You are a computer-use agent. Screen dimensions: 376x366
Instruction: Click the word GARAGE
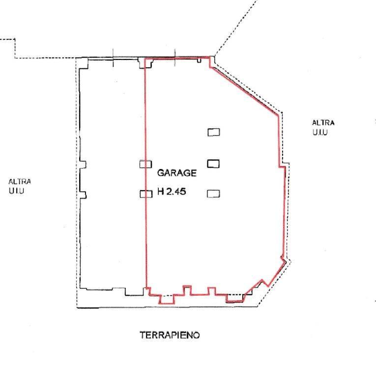click(x=177, y=173)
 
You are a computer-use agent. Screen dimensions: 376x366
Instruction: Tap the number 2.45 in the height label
click(x=176, y=192)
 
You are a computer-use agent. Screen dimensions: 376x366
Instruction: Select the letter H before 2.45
click(x=161, y=192)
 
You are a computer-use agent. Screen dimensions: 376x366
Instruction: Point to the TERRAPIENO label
click(x=170, y=335)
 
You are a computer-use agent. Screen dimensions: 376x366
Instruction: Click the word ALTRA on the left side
click(x=20, y=182)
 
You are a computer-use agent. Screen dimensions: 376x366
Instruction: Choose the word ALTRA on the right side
click(x=323, y=123)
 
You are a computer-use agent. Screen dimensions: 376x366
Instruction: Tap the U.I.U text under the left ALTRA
click(x=16, y=191)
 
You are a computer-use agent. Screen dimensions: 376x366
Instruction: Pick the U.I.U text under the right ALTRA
click(x=319, y=132)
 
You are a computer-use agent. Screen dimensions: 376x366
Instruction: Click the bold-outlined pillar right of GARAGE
click(x=213, y=164)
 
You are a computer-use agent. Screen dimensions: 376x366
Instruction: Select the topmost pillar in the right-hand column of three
click(x=214, y=132)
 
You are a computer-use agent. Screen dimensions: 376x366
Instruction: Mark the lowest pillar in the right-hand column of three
click(x=213, y=194)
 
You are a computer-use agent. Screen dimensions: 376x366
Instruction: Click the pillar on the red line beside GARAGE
click(x=146, y=164)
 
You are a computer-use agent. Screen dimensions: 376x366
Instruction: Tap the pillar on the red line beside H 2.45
click(x=146, y=194)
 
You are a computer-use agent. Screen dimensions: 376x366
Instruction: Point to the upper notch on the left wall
click(x=83, y=165)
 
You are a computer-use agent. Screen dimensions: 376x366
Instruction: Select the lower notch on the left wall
click(x=83, y=195)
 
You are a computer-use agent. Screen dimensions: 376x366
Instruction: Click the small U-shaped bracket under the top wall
click(x=199, y=60)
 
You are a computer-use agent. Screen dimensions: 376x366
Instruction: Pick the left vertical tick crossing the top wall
click(x=113, y=57)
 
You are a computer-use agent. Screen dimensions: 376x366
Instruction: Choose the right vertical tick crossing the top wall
click(x=175, y=57)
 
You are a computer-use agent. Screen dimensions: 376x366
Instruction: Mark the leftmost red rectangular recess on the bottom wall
click(x=167, y=299)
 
